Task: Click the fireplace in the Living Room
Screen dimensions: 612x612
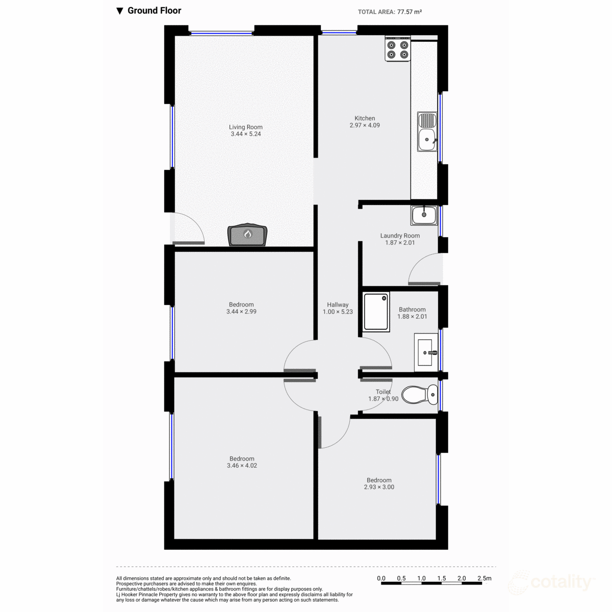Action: (248, 236)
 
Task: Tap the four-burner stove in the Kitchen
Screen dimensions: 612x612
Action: (398, 49)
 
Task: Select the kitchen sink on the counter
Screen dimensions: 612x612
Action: (427, 132)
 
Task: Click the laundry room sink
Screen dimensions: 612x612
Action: (424, 215)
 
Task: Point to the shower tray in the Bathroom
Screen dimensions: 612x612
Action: (376, 312)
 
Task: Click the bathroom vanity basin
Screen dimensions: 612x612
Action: (426, 351)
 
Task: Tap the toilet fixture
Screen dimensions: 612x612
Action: (420, 394)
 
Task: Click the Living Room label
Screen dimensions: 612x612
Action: (246, 127)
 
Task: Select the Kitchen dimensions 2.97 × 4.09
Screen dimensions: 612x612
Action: (365, 125)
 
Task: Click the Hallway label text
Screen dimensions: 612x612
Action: (338, 304)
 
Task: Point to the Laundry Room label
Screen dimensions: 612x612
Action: (400, 236)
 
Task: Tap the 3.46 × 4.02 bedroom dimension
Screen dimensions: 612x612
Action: (242, 466)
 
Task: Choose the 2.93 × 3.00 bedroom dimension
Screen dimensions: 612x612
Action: (379, 487)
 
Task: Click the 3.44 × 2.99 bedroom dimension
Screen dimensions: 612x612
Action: (241, 312)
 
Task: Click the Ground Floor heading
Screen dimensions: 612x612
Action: (154, 11)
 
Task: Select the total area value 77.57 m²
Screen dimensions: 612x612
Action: (409, 12)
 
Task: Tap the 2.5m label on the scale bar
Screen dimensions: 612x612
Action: (484, 578)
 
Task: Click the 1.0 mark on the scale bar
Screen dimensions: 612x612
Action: (421, 578)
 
